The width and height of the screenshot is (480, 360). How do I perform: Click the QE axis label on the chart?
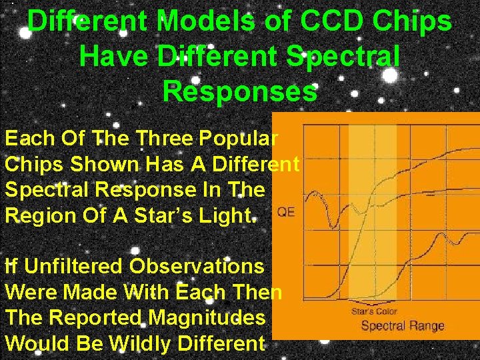pos(286,213)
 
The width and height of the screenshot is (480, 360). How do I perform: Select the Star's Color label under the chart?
pos(374,311)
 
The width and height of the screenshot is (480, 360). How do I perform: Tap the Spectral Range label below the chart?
pos(402,326)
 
